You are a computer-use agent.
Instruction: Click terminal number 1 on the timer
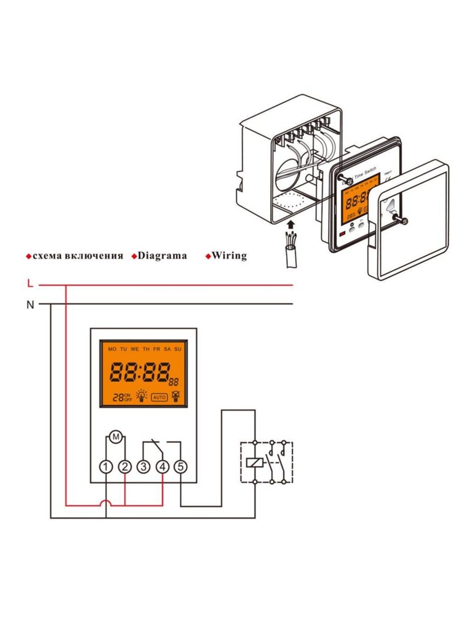105,467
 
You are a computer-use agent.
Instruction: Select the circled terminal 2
125,467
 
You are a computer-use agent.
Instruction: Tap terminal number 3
143,467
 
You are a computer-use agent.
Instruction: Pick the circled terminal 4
162,467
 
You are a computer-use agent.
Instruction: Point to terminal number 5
181,467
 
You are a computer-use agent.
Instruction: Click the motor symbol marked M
115,437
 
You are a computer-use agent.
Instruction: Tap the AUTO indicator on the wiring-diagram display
160,397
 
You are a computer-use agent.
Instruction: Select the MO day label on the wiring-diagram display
112,350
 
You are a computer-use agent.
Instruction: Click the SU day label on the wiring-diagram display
178,350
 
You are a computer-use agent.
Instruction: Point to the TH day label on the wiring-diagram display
146,350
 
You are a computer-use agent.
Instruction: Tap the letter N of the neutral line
30,304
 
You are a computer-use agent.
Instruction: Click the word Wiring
229,255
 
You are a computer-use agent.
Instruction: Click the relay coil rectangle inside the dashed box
254,462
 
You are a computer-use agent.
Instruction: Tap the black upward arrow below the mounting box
290,224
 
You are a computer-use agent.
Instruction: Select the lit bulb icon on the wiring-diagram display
141,397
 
